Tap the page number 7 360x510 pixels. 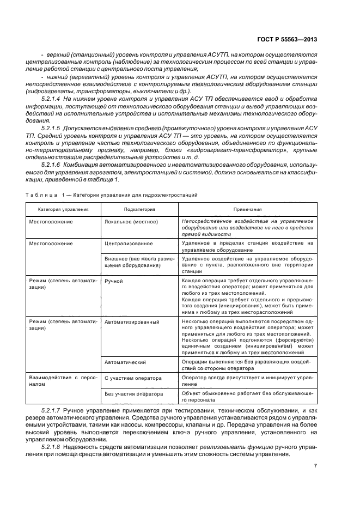point(315,465)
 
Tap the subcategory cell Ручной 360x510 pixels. point(113,281)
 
